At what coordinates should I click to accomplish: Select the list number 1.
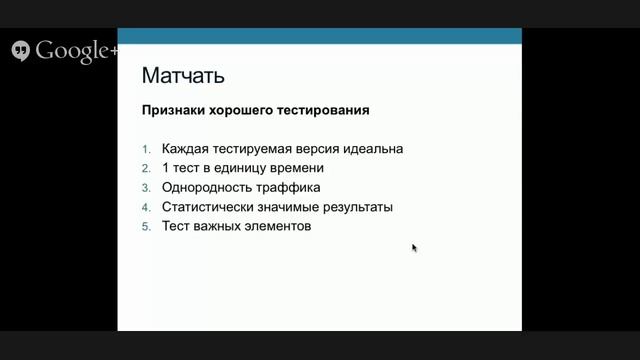pos(145,149)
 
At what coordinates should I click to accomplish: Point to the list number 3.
pos(145,187)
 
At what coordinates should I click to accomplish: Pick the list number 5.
pos(145,226)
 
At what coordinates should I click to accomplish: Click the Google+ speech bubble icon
pos(20,51)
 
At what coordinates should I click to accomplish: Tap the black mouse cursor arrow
pos(414,248)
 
